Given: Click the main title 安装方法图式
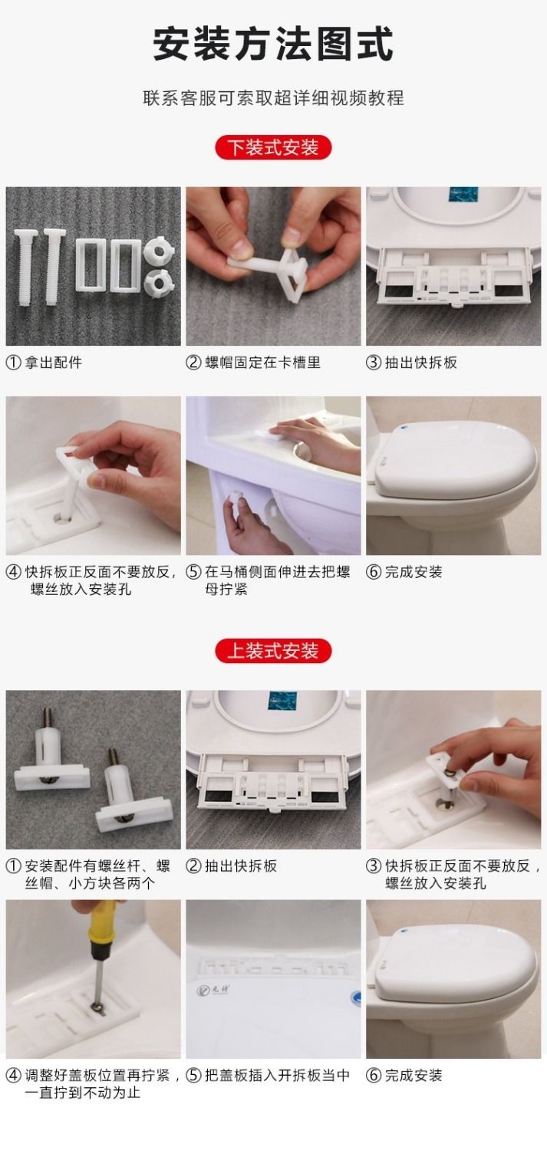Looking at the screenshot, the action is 273,44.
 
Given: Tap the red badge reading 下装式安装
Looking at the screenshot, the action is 273,148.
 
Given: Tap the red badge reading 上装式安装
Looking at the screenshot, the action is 273,651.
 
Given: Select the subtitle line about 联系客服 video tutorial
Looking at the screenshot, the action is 273,97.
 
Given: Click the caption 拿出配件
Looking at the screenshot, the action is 54,363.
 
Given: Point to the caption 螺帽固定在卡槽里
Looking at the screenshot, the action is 262,363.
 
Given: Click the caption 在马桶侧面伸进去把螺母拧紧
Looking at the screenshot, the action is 278,580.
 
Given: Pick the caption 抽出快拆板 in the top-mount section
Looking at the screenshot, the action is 240,866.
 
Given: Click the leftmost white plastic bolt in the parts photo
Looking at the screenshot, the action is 25,267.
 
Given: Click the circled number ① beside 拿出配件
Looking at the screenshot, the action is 13,363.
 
